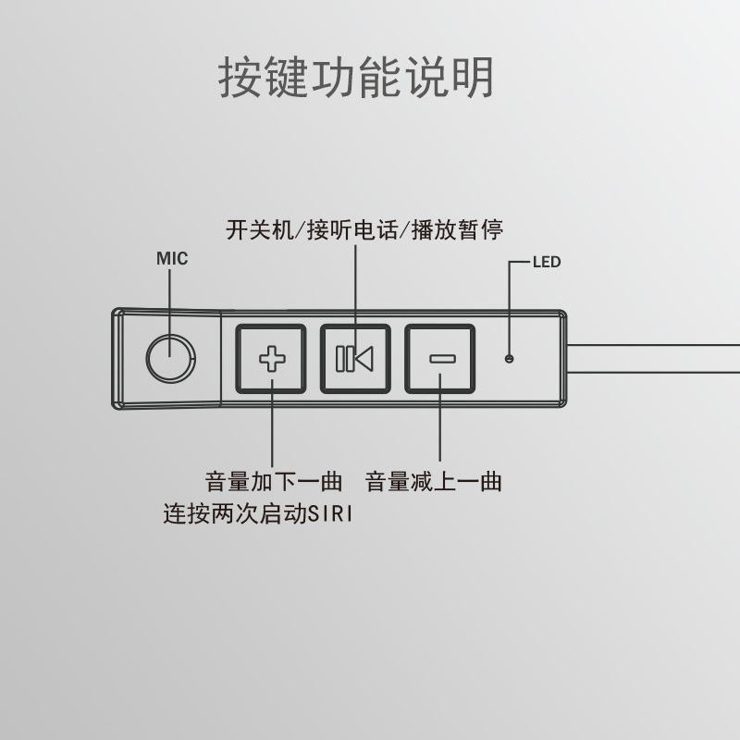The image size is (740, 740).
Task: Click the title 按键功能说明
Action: point(356,78)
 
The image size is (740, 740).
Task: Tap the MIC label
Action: point(171,258)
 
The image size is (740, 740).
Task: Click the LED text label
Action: point(547,262)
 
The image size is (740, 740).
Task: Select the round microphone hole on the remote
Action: point(171,358)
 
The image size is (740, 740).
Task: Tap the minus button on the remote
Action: point(438,358)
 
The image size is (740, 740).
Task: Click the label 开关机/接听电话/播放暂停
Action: point(364,229)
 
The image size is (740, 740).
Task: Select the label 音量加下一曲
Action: point(274,482)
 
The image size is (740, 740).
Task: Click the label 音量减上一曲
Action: point(434,482)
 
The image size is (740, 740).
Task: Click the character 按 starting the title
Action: point(240,78)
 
